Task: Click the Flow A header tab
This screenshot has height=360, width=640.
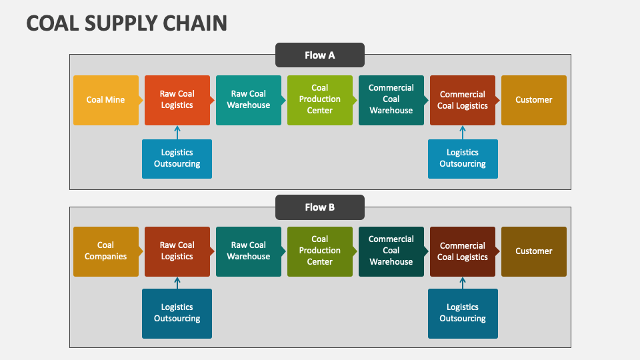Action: (x=320, y=55)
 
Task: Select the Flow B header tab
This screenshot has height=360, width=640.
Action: (x=320, y=207)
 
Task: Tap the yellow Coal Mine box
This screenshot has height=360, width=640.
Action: (x=106, y=100)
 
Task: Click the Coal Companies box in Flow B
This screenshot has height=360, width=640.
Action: (x=106, y=251)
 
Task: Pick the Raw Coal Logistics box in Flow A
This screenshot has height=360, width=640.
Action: (x=177, y=100)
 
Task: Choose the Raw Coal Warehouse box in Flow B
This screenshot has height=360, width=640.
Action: (x=249, y=251)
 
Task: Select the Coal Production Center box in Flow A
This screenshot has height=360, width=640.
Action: (x=320, y=100)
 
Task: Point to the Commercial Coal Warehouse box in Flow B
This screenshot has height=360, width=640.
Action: (x=391, y=251)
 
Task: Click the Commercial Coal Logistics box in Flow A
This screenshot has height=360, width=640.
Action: (x=463, y=100)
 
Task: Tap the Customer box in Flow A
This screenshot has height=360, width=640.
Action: (x=534, y=100)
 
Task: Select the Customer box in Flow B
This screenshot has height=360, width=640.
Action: (x=534, y=251)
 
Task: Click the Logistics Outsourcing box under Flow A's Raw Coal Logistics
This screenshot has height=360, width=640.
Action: (x=177, y=159)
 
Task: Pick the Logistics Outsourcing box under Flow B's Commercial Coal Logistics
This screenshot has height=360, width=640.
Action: (x=463, y=313)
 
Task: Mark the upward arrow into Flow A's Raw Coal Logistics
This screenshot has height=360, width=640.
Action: (x=177, y=132)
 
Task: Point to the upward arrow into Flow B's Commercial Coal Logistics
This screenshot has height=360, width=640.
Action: (x=463, y=283)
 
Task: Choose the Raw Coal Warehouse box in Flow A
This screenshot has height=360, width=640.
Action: (x=249, y=100)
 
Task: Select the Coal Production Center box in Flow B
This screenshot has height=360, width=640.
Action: (x=320, y=251)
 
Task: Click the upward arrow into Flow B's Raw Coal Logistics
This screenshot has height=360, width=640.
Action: (x=177, y=283)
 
